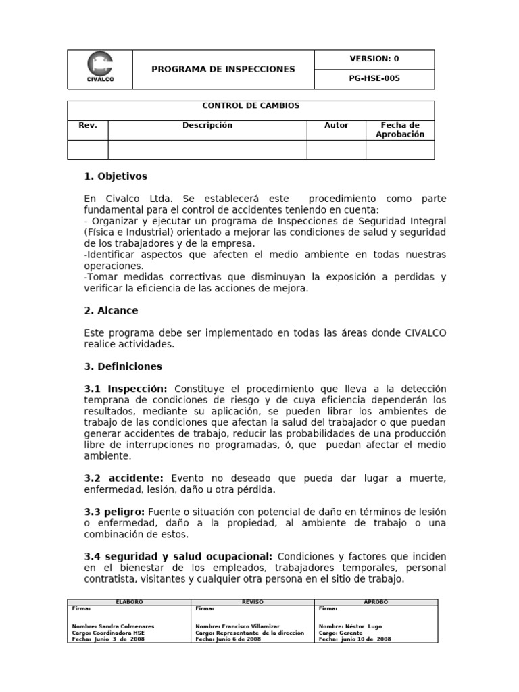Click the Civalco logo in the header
(100, 69)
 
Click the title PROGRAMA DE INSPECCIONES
(223, 70)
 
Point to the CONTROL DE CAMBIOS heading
(251, 106)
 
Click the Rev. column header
(88, 126)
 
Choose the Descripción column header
(207, 126)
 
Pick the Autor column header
(337, 126)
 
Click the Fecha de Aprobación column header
(400, 130)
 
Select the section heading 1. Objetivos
(116, 176)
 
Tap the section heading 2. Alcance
(111, 310)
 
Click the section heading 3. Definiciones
(123, 366)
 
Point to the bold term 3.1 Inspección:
(126, 389)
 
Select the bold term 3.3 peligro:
(114, 512)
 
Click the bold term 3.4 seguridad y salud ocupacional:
(178, 556)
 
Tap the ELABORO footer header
(129, 601)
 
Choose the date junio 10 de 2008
(364, 639)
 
